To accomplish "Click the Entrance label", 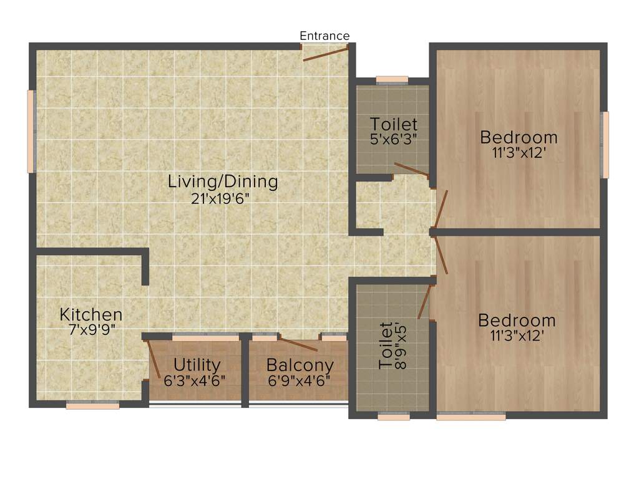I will [x=324, y=36].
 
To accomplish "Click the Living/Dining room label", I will [x=222, y=182].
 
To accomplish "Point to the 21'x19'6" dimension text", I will [x=222, y=199].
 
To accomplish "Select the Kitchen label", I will [x=91, y=314].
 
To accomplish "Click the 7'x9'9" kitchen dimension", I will [x=91, y=329].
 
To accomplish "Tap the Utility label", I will [x=197, y=364].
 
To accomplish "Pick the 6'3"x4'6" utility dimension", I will [x=195, y=380].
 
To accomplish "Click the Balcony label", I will [x=300, y=365].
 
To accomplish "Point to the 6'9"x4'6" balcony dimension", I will [x=299, y=380].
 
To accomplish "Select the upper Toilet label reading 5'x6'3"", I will [x=393, y=123].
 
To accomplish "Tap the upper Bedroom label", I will [x=518, y=137].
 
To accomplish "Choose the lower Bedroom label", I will [x=517, y=321].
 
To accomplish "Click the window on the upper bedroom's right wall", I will [x=604, y=145].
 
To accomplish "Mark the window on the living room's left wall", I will [x=31, y=131].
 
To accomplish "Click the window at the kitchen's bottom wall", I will [x=92, y=405].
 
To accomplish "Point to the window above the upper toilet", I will [x=392, y=80].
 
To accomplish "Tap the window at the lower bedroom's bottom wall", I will [x=471, y=416].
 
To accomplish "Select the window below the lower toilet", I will [x=393, y=416].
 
